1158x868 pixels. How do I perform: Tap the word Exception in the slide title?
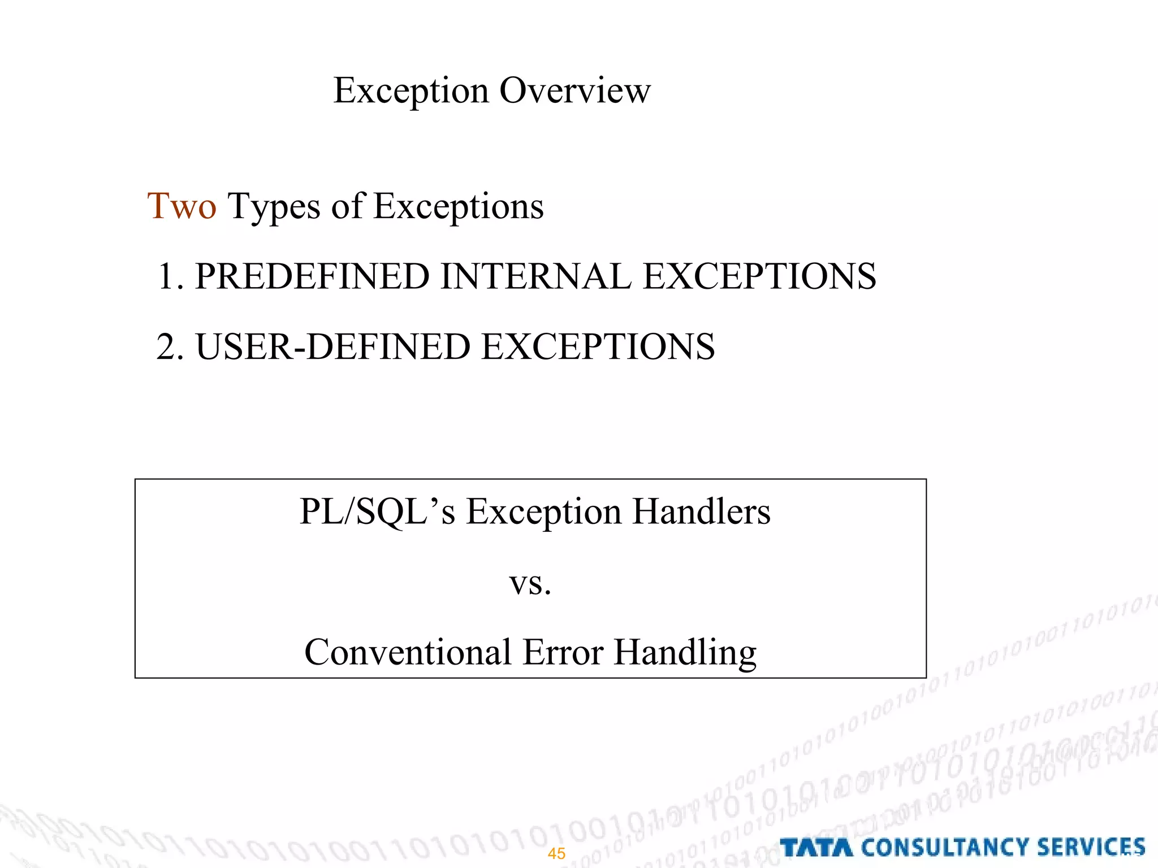coord(411,90)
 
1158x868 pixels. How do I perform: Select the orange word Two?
coord(182,206)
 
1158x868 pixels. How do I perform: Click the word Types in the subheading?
coord(274,207)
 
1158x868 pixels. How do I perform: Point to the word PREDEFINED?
coord(312,276)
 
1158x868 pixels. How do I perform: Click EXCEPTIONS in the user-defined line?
coord(598,346)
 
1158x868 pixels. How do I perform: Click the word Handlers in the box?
coord(701,512)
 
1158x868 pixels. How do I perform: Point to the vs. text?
coord(530,583)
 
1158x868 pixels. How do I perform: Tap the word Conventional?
coord(408,653)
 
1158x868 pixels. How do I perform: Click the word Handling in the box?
coord(685,653)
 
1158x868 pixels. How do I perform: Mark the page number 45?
coord(556,853)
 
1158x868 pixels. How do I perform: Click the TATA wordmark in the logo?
coord(816,848)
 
